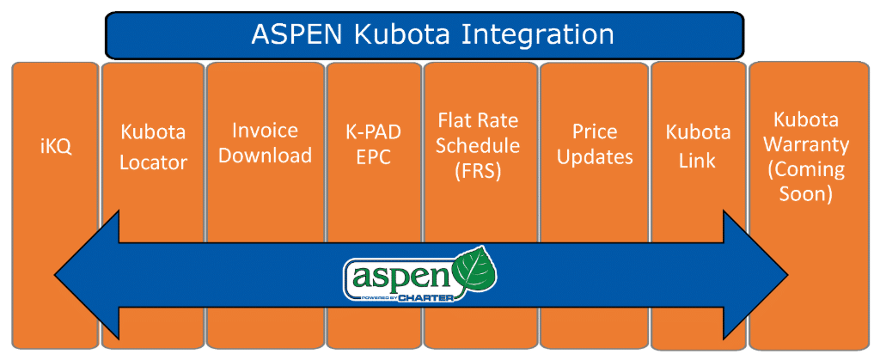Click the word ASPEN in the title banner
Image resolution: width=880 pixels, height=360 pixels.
click(x=296, y=34)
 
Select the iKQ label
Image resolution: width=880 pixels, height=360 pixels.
click(x=56, y=149)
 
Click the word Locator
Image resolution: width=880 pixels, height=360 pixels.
click(x=154, y=163)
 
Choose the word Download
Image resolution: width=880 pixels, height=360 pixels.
click(x=265, y=156)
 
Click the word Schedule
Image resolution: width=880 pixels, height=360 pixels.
click(x=478, y=145)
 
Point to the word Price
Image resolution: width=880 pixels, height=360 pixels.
click(x=595, y=131)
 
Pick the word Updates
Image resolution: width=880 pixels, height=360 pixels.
click(x=595, y=157)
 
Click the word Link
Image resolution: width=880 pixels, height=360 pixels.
click(x=698, y=162)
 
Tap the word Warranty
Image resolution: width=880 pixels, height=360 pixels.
click(x=806, y=144)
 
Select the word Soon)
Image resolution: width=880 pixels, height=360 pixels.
click(x=806, y=194)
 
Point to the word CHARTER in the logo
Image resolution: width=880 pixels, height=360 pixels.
click(x=426, y=298)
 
